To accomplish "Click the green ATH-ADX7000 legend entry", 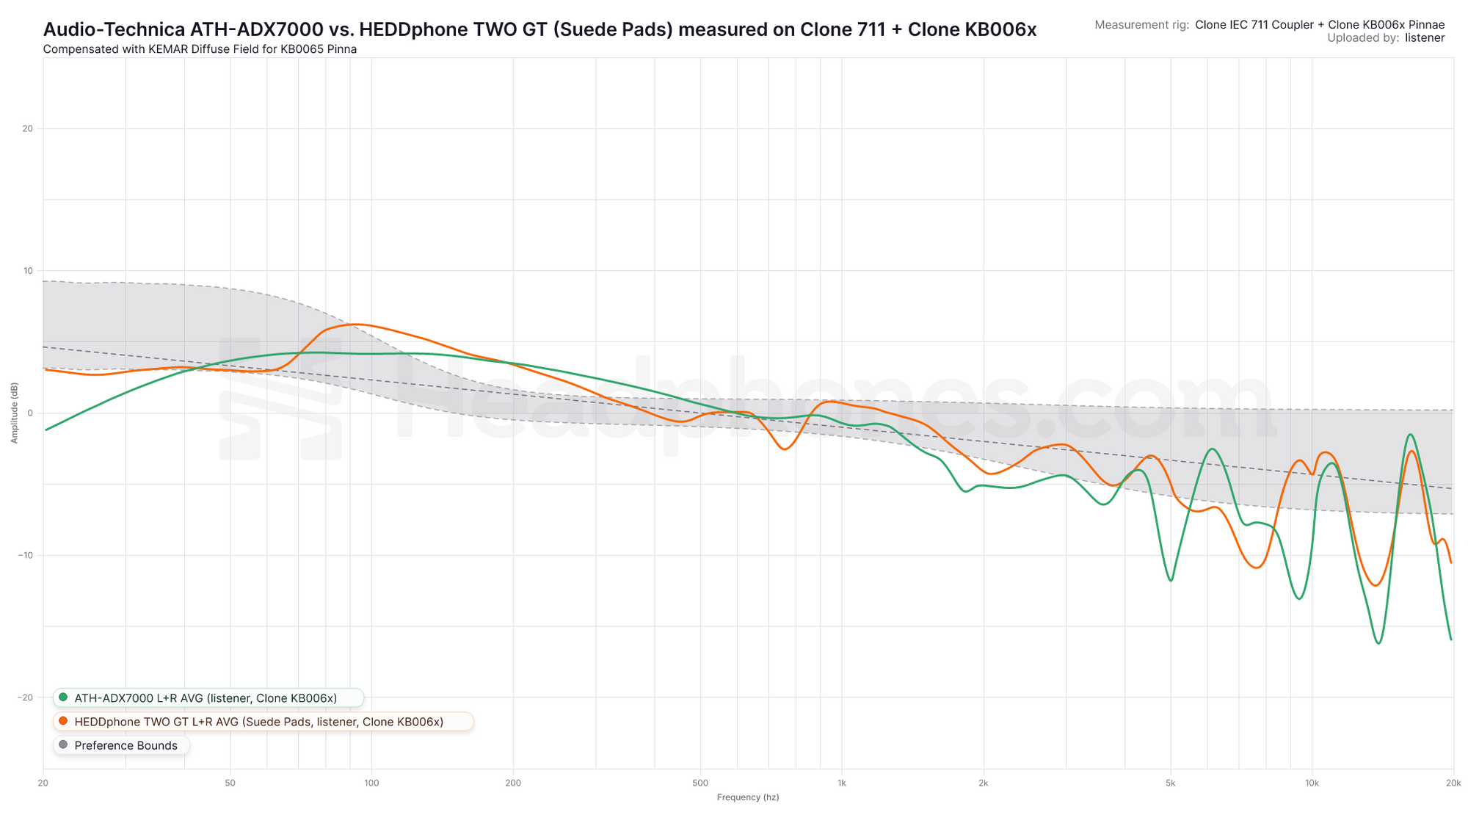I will point(206,698).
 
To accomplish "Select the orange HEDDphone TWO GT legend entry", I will point(258,722).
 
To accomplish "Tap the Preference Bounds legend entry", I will point(126,745).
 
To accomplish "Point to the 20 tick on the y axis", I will point(28,128).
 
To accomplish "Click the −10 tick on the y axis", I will point(26,555).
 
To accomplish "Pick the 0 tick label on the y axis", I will point(30,413).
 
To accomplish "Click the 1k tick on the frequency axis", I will point(841,783).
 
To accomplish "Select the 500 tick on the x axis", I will point(700,783).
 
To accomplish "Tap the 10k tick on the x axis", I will point(1312,783).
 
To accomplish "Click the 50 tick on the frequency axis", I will point(230,783).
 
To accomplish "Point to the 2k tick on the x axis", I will point(983,783).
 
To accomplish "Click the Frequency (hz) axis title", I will point(748,797).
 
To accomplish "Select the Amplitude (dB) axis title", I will point(14,413).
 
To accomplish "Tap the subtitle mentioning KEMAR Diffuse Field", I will point(200,49).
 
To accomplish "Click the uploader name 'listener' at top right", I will point(1425,38).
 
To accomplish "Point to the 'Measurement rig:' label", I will point(1141,25).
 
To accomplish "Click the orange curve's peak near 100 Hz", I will point(355,324).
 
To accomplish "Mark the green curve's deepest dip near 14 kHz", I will point(1378,643).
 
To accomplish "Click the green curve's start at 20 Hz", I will point(46,430).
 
